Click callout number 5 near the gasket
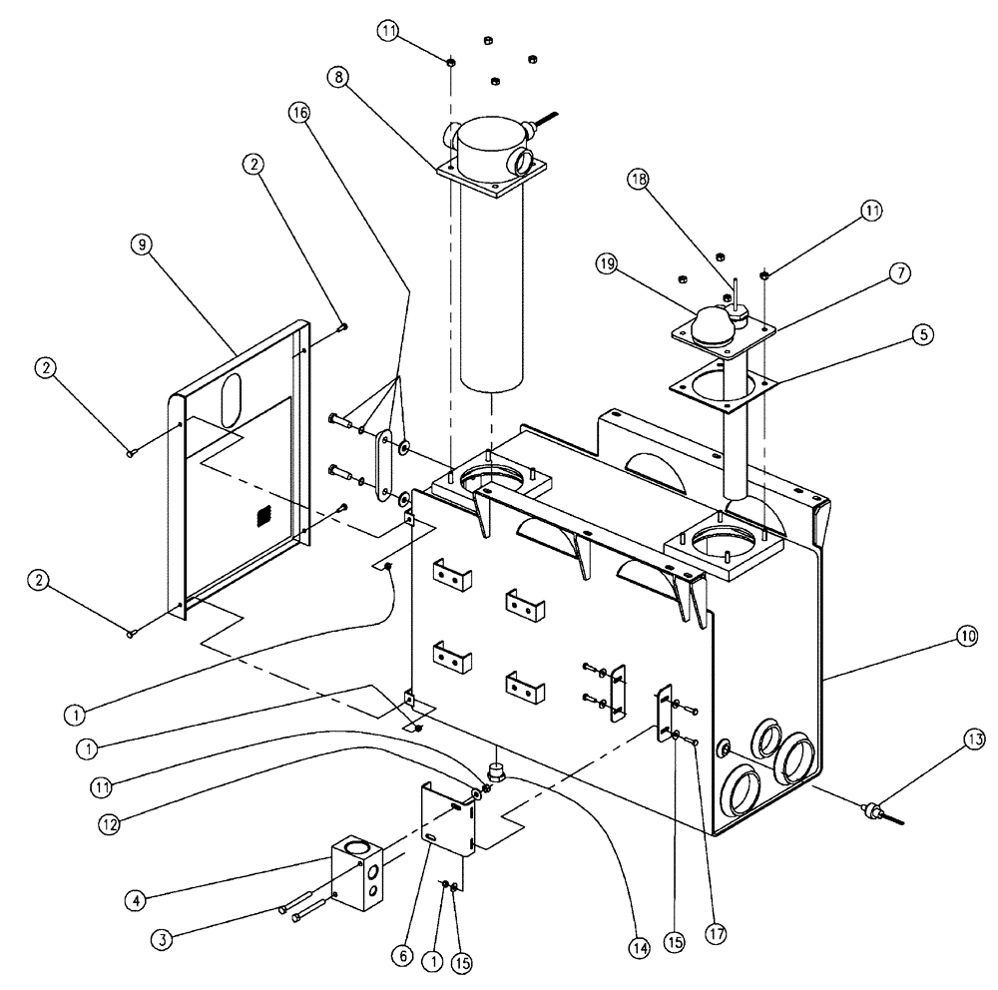click(x=923, y=336)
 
